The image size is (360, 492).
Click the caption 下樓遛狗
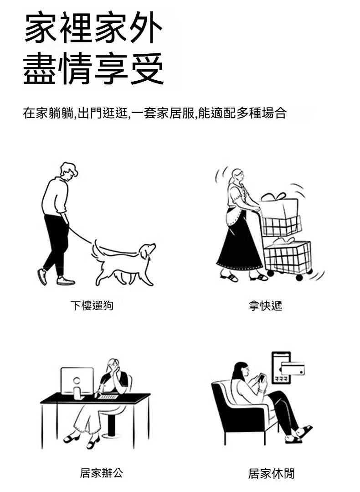pos(92,306)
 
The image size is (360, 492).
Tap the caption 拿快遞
pos(265,306)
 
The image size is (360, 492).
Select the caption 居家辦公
pos(101,473)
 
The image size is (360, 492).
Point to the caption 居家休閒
pos(271,473)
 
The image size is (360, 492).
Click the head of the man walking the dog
pos(69,171)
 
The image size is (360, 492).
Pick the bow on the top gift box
pos(273,197)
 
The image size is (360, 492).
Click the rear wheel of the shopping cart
pos(299,277)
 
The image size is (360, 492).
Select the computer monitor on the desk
pos(77,381)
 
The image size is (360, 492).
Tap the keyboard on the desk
pos(108,397)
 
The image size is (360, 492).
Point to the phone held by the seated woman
pos(261,377)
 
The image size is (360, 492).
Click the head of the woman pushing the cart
pos(237,175)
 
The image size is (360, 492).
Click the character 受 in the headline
pos(147,69)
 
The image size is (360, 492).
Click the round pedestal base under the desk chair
pos(112,435)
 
